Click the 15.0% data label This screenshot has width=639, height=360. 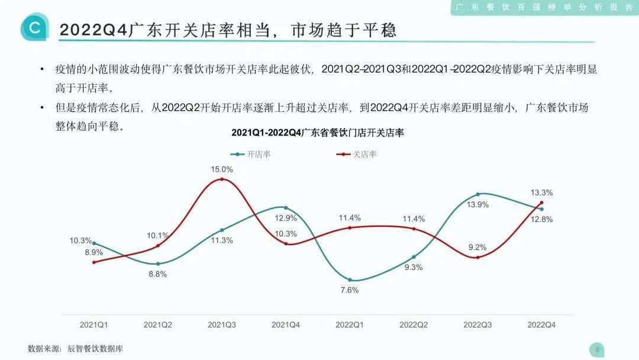click(x=222, y=169)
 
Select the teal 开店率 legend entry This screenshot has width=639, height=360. click(x=251, y=154)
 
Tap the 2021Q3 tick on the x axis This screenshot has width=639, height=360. click(x=222, y=324)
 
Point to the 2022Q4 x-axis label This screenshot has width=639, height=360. click(x=541, y=324)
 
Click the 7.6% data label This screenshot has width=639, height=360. click(x=350, y=290)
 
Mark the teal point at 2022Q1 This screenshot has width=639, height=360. click(x=350, y=279)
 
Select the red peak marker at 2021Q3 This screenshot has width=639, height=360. click(x=222, y=179)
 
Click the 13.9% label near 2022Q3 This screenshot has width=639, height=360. click(x=478, y=204)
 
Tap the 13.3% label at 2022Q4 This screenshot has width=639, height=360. click(x=541, y=192)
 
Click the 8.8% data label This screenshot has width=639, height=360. click(x=157, y=274)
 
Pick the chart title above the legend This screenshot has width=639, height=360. click(x=317, y=133)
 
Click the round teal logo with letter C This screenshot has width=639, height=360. click(x=35, y=27)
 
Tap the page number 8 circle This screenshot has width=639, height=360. click(x=597, y=349)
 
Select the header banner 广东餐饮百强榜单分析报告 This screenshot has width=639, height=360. click(x=544, y=7)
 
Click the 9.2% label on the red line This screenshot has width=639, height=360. click(x=477, y=247)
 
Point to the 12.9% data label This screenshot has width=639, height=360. click(x=286, y=218)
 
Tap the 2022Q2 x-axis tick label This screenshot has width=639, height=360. click(x=414, y=324)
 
